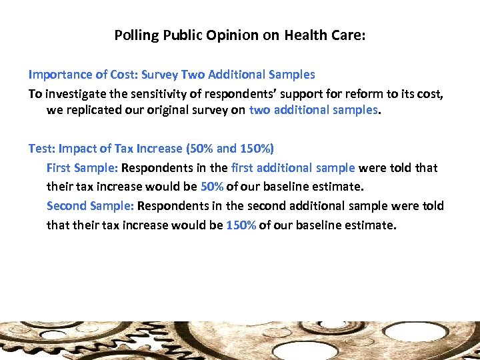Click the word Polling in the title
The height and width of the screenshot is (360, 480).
tap(135, 35)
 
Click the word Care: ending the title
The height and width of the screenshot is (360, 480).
tap(351, 35)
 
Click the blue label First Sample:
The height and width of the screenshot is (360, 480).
tap(82, 168)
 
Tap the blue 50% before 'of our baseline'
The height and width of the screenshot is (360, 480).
tap(212, 187)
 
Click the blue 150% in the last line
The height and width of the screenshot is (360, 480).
tap(241, 225)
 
